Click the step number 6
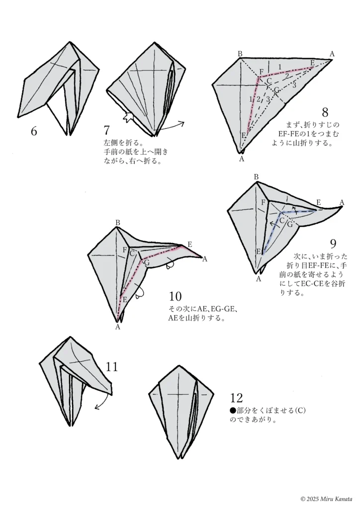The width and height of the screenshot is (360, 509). (x=34, y=132)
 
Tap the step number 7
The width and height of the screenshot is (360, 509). (x=106, y=131)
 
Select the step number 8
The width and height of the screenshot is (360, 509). (x=325, y=112)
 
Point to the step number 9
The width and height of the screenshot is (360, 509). (x=334, y=244)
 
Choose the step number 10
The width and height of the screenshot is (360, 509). (x=175, y=297)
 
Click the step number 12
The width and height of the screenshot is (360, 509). (x=237, y=398)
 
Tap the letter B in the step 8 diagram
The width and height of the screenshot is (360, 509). (x=240, y=54)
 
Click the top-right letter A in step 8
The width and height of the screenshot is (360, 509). (x=332, y=54)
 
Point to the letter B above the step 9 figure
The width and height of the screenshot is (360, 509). (x=257, y=177)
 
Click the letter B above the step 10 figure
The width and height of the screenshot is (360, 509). (x=118, y=223)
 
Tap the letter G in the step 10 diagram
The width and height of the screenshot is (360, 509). (x=147, y=262)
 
